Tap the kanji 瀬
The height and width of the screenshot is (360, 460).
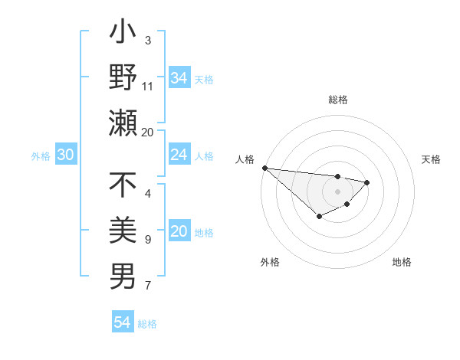[x=123, y=123]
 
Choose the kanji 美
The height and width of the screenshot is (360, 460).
[x=123, y=231]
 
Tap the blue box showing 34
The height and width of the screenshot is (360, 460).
[x=179, y=77]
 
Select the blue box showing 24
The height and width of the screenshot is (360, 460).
[x=179, y=155]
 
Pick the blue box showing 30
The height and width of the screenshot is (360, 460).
[x=65, y=155]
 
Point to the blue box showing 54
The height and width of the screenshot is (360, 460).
[x=123, y=322]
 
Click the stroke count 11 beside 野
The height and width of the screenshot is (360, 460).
[x=148, y=86]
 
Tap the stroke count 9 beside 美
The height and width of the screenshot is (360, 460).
[x=148, y=240]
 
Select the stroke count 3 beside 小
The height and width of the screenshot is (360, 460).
[x=148, y=40]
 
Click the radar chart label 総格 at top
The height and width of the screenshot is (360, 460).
[x=337, y=100]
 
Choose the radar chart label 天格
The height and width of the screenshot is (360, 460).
[x=431, y=159]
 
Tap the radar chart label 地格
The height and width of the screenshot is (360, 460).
[x=402, y=262]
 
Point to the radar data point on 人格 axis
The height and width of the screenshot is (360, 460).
[x=264, y=168]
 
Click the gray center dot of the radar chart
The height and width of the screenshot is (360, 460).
[x=337, y=191]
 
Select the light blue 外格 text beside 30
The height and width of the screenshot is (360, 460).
[x=41, y=155]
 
